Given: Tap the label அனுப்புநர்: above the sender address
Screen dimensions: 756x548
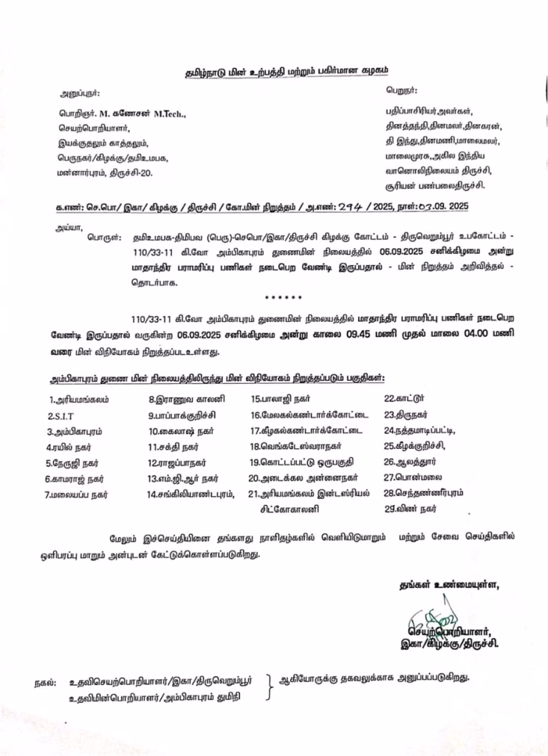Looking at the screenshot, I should click(x=80, y=94).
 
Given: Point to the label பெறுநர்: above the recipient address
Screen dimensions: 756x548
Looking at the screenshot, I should click(x=401, y=90).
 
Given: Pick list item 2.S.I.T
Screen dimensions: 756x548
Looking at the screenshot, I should click(x=64, y=416).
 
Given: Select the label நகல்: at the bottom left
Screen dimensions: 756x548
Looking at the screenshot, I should click(x=46, y=683).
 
